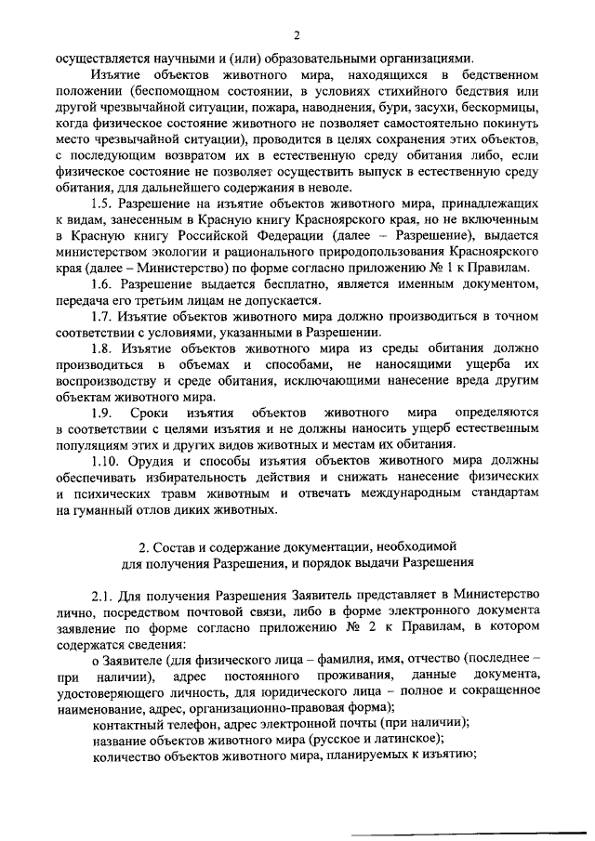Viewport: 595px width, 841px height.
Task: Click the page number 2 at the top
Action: point(297,35)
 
